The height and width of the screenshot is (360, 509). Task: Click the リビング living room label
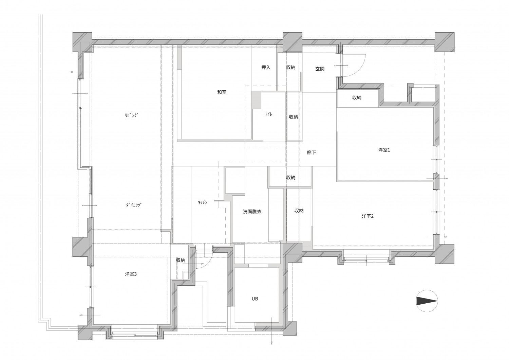tap(132, 115)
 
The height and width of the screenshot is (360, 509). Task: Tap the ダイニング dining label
tap(134, 205)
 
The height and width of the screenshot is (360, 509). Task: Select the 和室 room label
tap(222, 92)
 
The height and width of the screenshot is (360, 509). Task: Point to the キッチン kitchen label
tap(203, 202)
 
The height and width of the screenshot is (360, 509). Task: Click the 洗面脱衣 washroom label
tap(252, 212)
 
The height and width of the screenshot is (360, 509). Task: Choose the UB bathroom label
tap(255, 299)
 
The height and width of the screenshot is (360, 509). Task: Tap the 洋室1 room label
tap(384, 150)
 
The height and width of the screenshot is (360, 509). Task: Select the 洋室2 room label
tap(367, 216)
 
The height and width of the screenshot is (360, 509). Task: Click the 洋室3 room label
tap(131, 274)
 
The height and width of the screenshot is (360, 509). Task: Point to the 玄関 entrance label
tap(320, 69)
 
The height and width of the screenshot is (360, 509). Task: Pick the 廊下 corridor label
tap(311, 152)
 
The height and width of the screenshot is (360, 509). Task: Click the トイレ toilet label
tap(269, 114)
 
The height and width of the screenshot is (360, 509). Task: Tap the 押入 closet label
tap(266, 67)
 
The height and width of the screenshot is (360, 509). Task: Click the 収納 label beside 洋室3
tap(181, 260)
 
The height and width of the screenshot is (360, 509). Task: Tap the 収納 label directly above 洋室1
tap(357, 97)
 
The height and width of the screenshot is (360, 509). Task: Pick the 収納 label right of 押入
tap(290, 67)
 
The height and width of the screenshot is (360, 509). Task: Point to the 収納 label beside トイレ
tap(294, 117)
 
